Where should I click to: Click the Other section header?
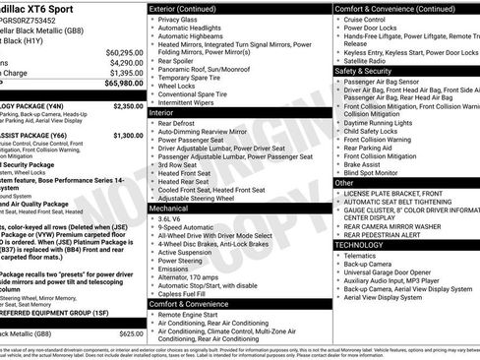point(344,183)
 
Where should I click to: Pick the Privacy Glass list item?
point(177,19)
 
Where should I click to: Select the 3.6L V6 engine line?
point(170,219)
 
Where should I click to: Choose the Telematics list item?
point(363,255)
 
